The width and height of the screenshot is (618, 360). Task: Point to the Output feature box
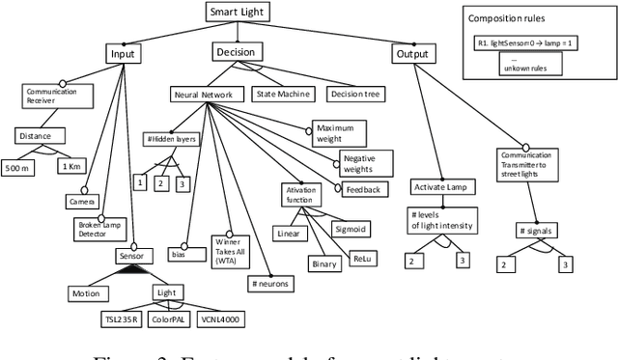click(412, 54)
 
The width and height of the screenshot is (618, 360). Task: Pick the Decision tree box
click(356, 95)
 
